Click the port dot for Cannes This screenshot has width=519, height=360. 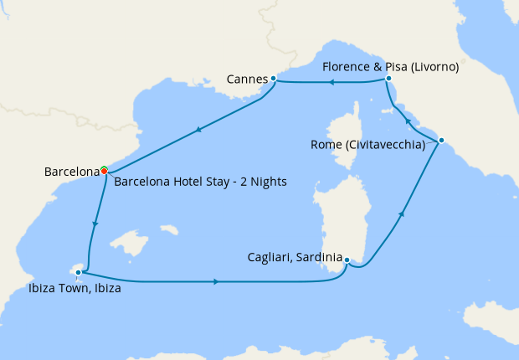click(274, 79)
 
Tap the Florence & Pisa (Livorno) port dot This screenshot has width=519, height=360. click(388, 79)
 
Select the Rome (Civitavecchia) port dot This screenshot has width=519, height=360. click(441, 140)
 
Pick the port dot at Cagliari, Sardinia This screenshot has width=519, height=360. click(347, 260)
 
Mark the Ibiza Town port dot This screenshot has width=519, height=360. click(79, 272)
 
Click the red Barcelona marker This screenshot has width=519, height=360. click(104, 171)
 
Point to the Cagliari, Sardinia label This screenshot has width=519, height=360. click(294, 256)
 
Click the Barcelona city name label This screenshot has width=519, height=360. click(71, 172)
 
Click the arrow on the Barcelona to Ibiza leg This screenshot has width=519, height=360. click(96, 224)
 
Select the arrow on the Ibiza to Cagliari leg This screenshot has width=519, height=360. click(218, 281)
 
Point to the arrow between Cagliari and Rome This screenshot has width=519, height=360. click(403, 215)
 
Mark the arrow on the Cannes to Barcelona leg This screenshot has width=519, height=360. click(198, 130)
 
